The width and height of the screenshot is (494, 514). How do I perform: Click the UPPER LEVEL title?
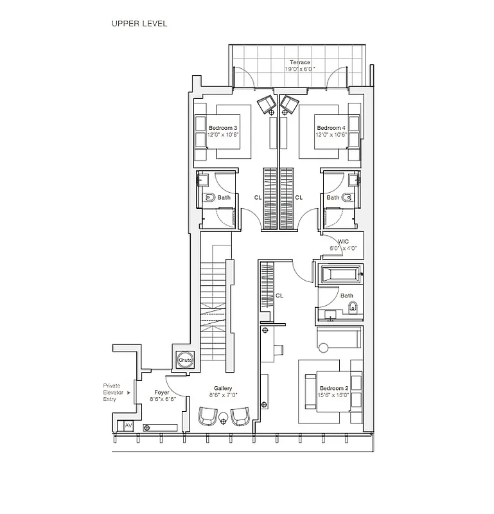pyautogui.click(x=139, y=24)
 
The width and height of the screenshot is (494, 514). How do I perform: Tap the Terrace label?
pyautogui.click(x=299, y=62)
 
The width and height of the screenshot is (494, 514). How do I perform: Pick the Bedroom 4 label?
pyautogui.click(x=331, y=128)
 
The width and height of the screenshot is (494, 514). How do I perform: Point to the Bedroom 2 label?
pyautogui.click(x=334, y=388)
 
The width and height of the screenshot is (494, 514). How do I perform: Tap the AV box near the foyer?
pyautogui.click(x=128, y=426)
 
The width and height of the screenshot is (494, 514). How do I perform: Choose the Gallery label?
pyautogui.click(x=223, y=389)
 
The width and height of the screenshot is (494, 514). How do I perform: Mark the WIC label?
pyautogui.click(x=333, y=242)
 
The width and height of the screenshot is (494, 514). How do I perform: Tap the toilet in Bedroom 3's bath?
pyautogui.click(x=208, y=197)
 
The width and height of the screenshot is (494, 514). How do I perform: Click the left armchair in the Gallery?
pyautogui.click(x=207, y=416)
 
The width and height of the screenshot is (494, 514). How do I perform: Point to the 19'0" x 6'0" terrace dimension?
pyautogui.click(x=299, y=69)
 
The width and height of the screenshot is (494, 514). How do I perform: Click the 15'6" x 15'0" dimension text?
pyautogui.click(x=334, y=395)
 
